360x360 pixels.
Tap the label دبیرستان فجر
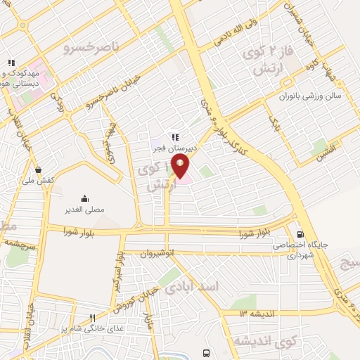click(x=176, y=148)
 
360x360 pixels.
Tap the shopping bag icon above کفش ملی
click(x=37, y=169)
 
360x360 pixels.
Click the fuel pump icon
click(x=301, y=235)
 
